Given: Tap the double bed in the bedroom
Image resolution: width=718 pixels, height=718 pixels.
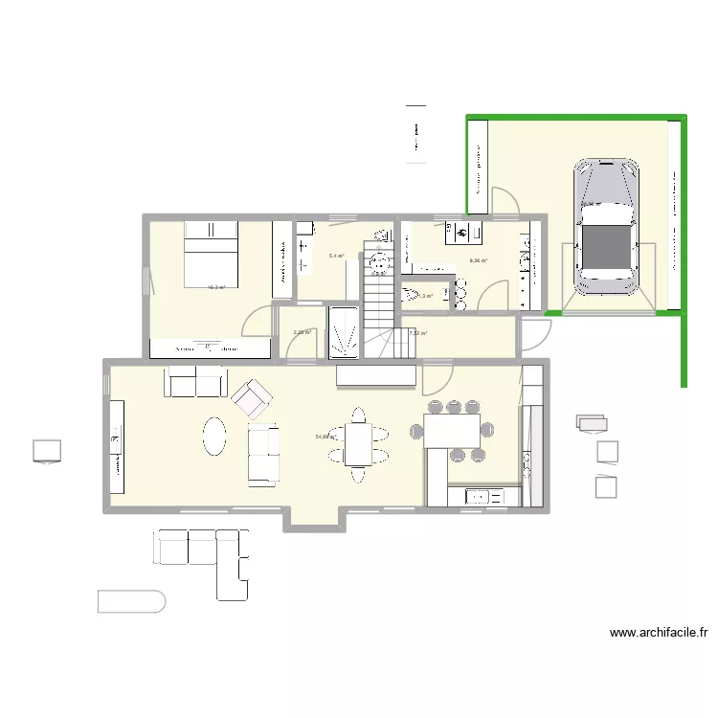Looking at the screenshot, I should tap(210, 251).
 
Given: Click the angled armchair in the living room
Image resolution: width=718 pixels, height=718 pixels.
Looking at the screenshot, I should tap(252, 397).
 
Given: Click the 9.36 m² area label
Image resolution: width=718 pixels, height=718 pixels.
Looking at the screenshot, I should tap(478, 260).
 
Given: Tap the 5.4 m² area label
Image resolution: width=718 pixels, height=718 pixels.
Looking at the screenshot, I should tap(336, 256).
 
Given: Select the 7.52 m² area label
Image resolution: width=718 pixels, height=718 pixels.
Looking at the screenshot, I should tap(417, 333).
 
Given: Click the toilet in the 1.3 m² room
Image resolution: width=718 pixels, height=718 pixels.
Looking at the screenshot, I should tap(409, 294).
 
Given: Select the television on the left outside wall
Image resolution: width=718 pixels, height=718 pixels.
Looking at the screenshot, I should tap(46, 451).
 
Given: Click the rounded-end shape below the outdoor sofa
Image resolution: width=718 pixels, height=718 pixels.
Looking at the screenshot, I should tap(131, 601).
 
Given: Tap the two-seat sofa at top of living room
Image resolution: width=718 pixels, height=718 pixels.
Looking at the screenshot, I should tap(196, 383).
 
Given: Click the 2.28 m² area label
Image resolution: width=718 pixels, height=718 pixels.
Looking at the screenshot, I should tap(302, 333).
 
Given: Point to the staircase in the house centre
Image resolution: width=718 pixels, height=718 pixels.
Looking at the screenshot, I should tap(379, 308).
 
